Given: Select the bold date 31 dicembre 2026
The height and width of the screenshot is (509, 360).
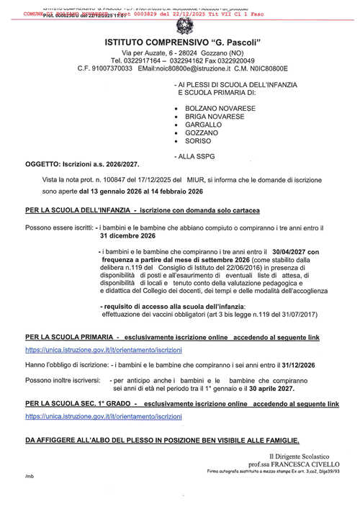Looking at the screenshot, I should click(127, 235).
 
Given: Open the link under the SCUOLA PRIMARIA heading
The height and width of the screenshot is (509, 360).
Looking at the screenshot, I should click(104, 349).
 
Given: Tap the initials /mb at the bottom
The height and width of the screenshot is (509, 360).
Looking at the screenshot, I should click(30, 477).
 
